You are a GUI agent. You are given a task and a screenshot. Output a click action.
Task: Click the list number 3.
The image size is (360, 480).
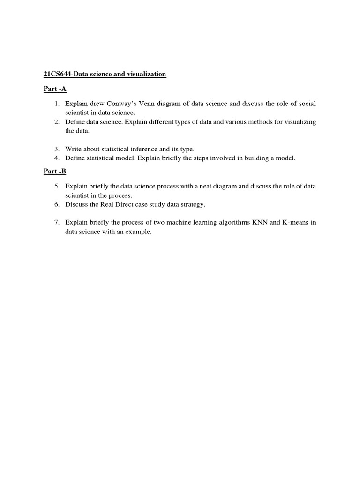coord(56,149)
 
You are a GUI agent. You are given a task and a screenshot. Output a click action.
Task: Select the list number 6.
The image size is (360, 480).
coord(56,204)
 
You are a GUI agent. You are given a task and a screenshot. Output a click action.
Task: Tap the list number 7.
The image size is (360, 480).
coord(56,222)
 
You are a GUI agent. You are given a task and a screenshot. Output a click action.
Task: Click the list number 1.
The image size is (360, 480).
coord(56,104)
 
